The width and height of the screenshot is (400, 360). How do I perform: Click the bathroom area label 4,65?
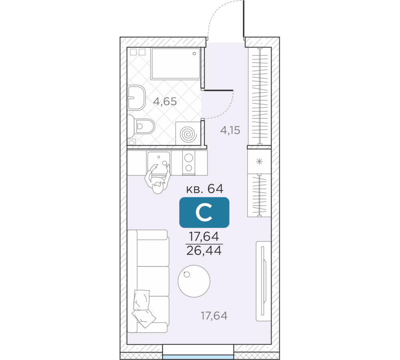pyautogui.click(x=165, y=102)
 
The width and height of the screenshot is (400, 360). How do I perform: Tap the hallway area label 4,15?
pyautogui.click(x=230, y=130)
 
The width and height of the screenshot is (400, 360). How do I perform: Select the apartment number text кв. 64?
pyautogui.click(x=205, y=189)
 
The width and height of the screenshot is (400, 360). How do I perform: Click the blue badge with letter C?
pyautogui.click(x=204, y=212)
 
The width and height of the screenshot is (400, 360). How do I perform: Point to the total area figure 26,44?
pyautogui.click(x=204, y=250)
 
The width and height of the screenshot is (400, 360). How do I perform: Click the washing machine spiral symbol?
pyautogui.click(x=188, y=134)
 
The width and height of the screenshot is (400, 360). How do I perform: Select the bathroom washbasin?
pyautogui.click(x=136, y=98)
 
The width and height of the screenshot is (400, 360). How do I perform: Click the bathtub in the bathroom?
pyautogui.click(x=176, y=64)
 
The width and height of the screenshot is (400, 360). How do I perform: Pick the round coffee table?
pyautogui.click(x=194, y=281)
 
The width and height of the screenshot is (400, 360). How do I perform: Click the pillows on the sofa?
pyautogui.click(x=143, y=308)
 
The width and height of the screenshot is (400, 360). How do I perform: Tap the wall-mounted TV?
pyautogui.click(x=264, y=281)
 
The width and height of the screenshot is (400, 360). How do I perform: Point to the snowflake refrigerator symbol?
pyautogui.click(x=259, y=161)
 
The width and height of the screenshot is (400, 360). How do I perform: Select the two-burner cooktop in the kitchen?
pyautogui.click(x=189, y=162)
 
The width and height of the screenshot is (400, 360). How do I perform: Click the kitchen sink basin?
pyautogui.click(x=158, y=162)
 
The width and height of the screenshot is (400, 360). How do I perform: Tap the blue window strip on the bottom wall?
pyautogui.click(x=198, y=357)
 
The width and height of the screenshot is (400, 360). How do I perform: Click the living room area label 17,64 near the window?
pyautogui.click(x=214, y=316)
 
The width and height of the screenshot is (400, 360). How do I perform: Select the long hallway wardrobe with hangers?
pyautogui.click(x=260, y=96)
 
